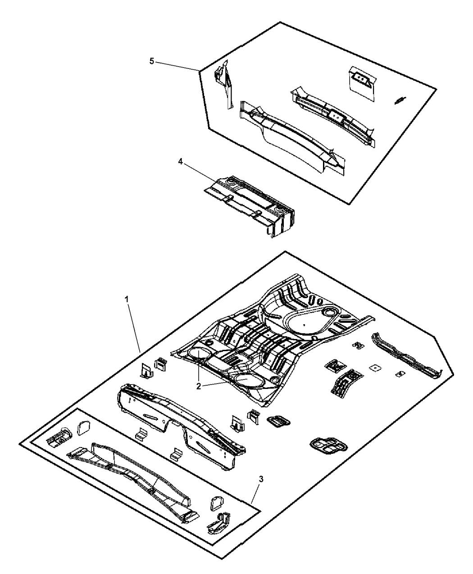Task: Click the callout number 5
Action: (152, 61)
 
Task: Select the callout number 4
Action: (180, 162)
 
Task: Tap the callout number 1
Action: (127, 299)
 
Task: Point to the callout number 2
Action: (199, 387)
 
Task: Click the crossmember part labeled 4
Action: (249, 206)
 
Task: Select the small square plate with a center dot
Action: (375, 367)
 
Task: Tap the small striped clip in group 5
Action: (400, 100)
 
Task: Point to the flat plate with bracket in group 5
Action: (362, 82)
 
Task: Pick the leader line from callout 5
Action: (177, 67)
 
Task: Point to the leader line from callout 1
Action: (134, 328)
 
